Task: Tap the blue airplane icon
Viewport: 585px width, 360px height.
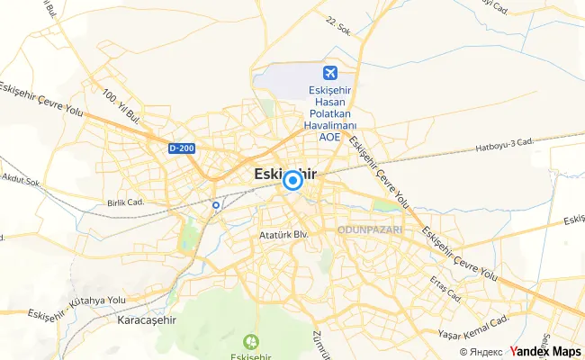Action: (x=330, y=73)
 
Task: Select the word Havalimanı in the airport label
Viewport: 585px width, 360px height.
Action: (x=330, y=127)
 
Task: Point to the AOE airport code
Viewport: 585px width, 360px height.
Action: (x=330, y=139)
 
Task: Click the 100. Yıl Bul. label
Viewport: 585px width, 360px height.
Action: (x=122, y=106)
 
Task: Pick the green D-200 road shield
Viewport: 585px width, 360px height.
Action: (x=181, y=148)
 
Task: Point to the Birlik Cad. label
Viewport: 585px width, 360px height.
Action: (x=125, y=203)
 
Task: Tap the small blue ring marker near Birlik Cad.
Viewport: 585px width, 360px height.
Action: (x=216, y=205)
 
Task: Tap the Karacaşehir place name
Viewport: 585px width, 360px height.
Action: (x=148, y=319)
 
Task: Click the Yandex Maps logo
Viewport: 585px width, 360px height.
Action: (x=545, y=351)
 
